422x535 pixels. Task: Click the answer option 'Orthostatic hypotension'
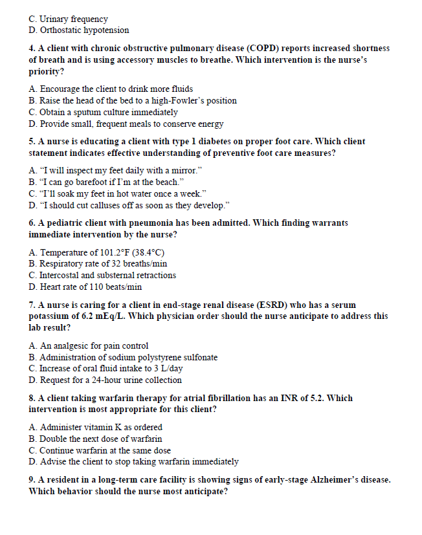84,30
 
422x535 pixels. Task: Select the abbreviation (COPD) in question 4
267,49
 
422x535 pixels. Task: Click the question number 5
32,141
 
